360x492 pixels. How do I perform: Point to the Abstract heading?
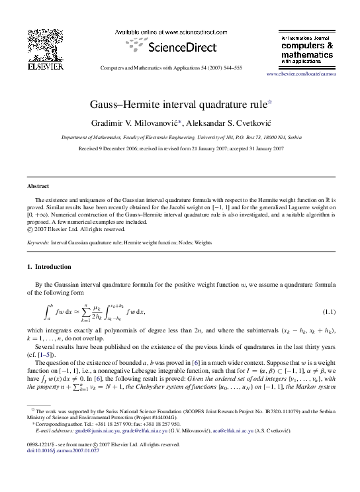[x=38, y=186]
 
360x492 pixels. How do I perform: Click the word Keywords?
[x=38, y=243]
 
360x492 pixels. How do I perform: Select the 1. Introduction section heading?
[x=48, y=267]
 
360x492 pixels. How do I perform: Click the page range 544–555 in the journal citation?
[x=229, y=68]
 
